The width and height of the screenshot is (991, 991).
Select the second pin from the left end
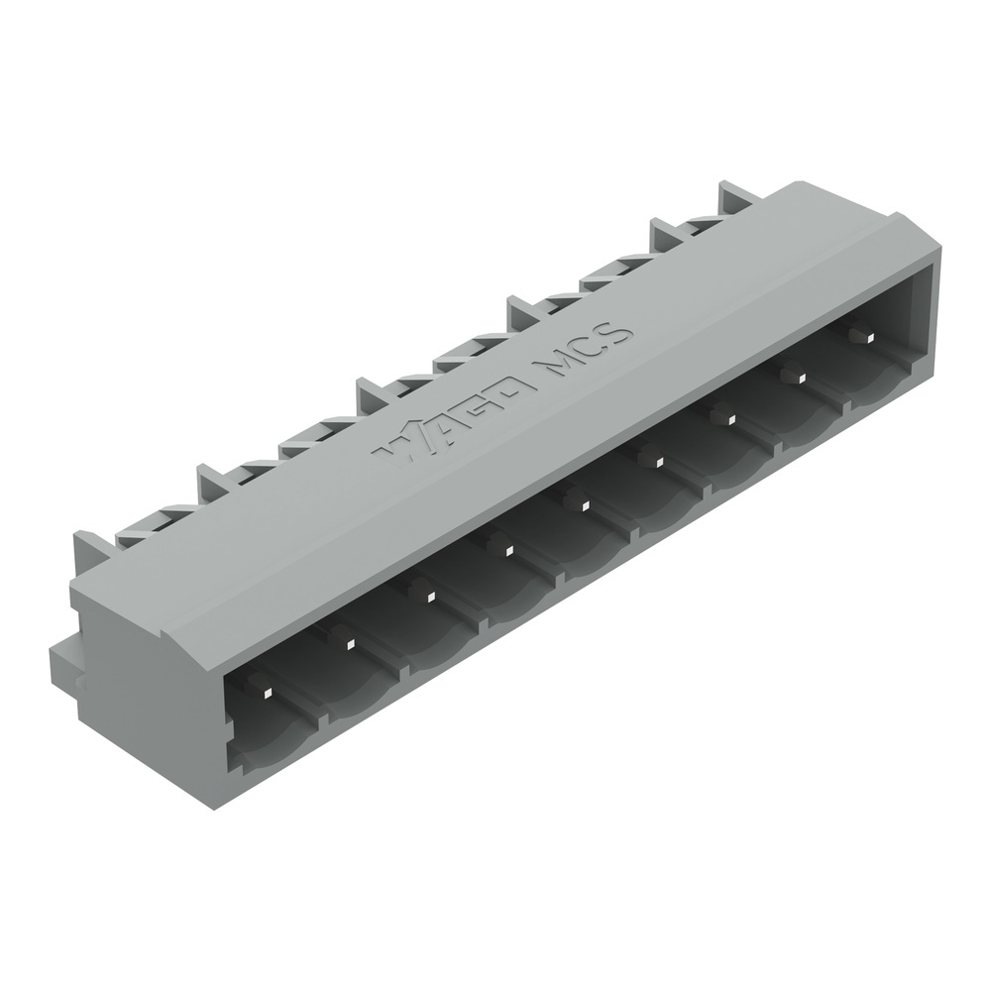(x=349, y=643)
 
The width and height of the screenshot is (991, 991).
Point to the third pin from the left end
(x=428, y=595)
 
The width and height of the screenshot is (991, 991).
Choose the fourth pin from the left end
(x=505, y=549)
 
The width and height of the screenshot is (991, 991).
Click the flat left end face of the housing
(x=149, y=694)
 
